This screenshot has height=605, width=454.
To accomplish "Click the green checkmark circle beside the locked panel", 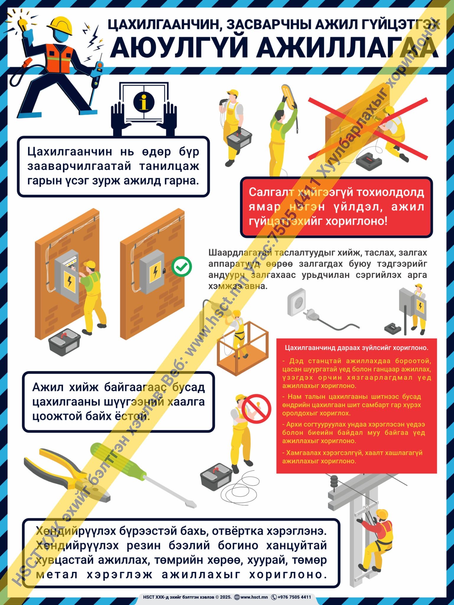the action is (x=182, y=267).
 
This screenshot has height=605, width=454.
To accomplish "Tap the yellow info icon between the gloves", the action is (x=144, y=102).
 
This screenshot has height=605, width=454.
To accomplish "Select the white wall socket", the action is (x=296, y=302).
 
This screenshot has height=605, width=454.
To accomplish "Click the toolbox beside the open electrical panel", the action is (x=64, y=342).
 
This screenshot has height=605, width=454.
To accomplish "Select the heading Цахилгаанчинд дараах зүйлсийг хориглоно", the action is (x=356, y=348).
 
